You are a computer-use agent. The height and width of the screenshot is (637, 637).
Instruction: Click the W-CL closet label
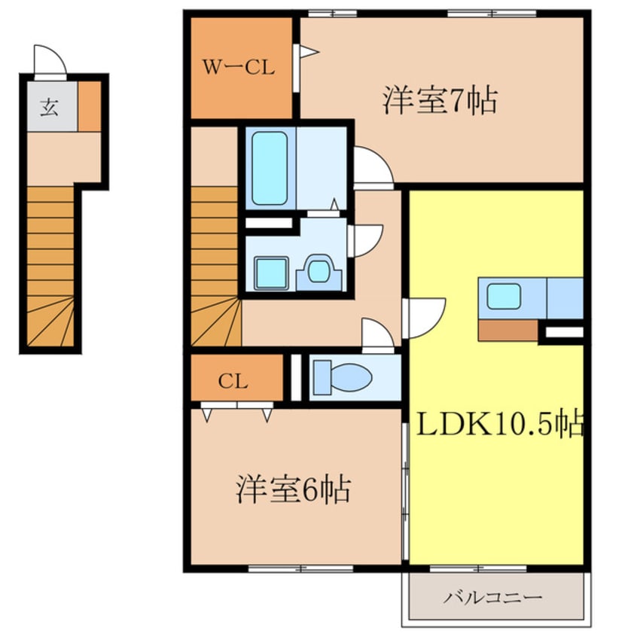coord(239,68)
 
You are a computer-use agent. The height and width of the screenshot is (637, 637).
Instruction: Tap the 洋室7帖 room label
coord(440,100)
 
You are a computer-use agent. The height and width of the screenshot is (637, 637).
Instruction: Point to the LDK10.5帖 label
coord(500,423)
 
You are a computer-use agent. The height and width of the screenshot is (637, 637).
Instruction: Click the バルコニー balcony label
coord(492,597)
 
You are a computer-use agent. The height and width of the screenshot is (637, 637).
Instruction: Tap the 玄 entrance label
coord(49,108)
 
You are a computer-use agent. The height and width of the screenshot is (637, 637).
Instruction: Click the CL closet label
coord(233,382)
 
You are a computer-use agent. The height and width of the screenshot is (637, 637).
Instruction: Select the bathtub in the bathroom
coord(270,168)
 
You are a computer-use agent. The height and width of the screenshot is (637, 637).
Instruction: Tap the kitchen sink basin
coord(504,296)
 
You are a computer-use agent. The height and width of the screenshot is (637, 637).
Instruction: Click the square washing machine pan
coord(271,273)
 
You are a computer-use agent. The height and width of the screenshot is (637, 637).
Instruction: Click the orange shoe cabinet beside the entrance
coord(90,106)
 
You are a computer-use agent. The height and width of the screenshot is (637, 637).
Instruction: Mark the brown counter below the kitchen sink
coord(508,330)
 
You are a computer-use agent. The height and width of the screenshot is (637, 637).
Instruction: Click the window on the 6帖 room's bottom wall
coord(300,568)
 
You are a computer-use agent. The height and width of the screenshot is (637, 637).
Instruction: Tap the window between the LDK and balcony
coord(478,568)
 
